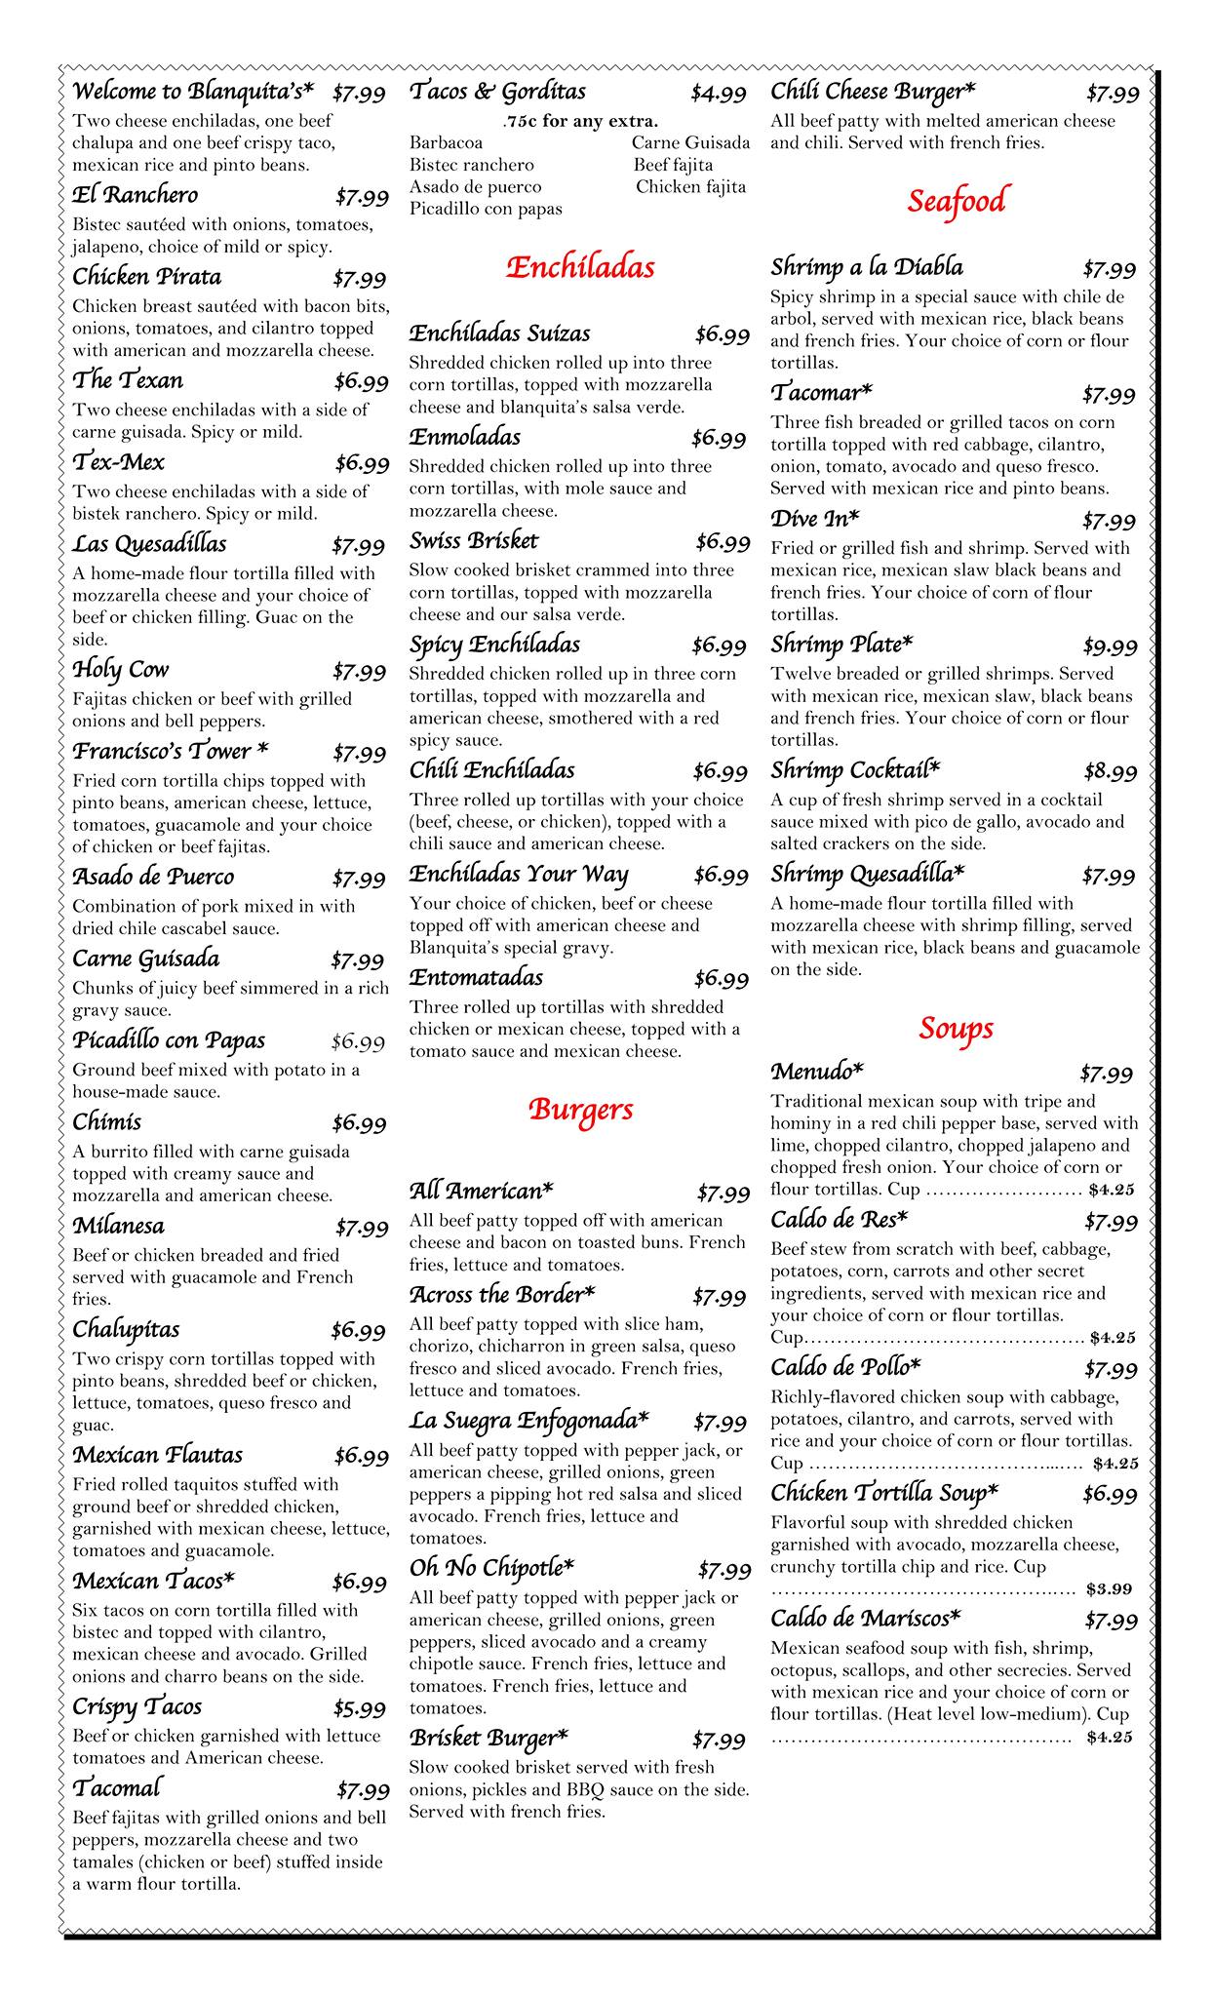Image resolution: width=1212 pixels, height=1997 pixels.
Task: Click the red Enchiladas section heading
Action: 580,268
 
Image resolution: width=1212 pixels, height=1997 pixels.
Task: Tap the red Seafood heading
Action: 955,201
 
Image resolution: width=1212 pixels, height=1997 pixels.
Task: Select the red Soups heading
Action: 955,1028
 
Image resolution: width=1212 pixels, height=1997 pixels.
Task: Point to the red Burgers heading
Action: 580,1110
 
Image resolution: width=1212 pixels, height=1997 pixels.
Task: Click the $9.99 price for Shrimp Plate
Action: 1110,646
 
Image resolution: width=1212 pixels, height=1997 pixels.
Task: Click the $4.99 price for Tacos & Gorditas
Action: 719,94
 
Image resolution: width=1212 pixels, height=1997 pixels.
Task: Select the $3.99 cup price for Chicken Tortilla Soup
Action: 1109,1588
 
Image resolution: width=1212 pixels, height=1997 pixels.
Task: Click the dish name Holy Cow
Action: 121,670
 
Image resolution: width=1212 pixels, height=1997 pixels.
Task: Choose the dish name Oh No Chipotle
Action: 491,1568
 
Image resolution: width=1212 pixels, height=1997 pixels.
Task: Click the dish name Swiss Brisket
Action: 473,541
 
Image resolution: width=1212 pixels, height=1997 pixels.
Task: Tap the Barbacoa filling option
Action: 446,143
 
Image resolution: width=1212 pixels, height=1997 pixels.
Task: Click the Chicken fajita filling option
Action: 690,186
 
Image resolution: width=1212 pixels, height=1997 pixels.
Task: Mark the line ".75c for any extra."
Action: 580,122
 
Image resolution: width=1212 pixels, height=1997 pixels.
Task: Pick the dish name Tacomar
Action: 821,393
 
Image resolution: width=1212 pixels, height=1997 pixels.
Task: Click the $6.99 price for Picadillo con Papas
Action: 358,1041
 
